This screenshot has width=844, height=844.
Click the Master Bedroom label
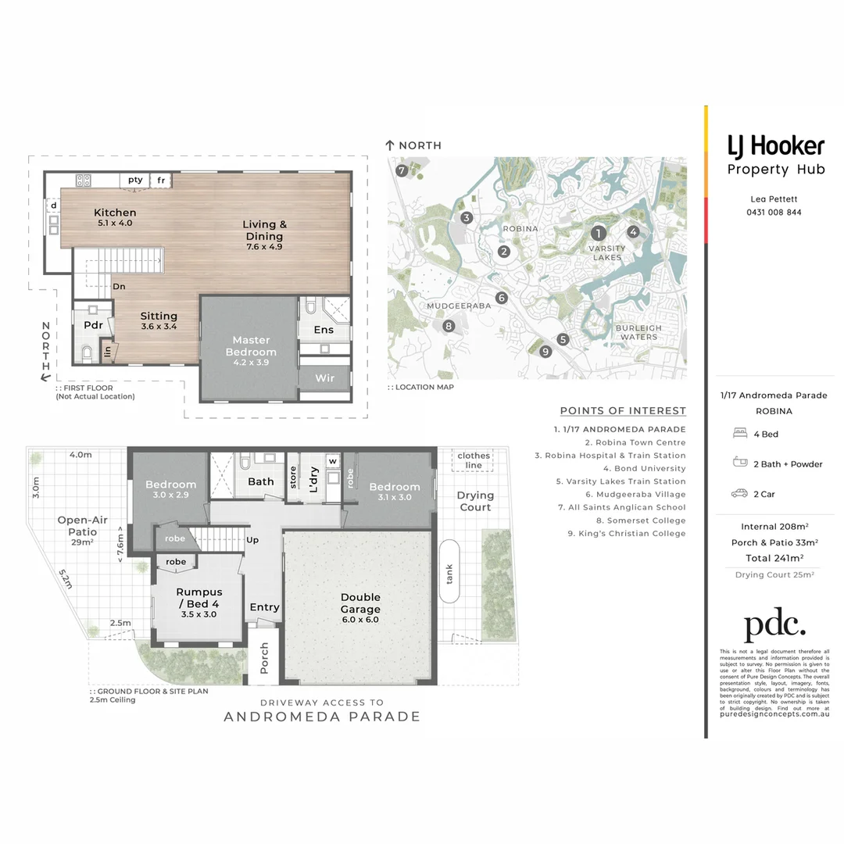251,345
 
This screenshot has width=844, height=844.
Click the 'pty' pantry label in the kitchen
135,180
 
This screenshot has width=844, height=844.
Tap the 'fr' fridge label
161,180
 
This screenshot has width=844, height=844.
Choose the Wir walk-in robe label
324,378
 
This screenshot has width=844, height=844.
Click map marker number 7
402,170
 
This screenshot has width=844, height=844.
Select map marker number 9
545,352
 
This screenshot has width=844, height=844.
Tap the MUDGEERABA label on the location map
459,306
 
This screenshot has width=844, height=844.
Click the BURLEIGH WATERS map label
638,333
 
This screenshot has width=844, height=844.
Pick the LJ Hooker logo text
775,146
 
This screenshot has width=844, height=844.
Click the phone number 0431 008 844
775,213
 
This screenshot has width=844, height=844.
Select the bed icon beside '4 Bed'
738,434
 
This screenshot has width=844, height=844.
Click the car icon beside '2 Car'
738,494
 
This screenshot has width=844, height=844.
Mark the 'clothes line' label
474,460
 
